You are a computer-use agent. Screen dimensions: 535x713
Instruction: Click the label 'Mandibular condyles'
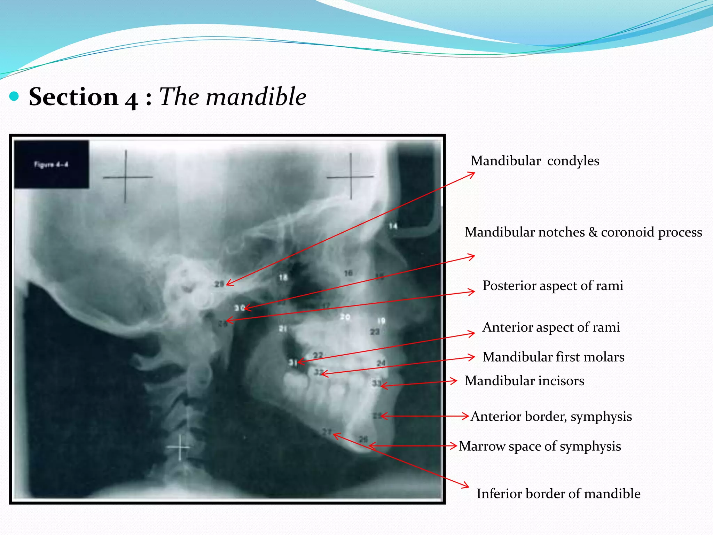[x=535, y=161]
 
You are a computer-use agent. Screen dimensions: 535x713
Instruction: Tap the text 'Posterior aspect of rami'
[x=553, y=286]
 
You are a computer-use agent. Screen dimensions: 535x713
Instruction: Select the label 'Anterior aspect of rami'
[x=551, y=327]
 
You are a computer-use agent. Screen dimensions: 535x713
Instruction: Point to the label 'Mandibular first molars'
[x=553, y=357]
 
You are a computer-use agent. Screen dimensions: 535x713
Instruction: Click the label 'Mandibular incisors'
[x=524, y=381]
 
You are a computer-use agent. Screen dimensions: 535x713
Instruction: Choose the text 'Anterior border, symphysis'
[x=551, y=417]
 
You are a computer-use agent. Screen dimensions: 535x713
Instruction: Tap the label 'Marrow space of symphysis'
[x=540, y=446]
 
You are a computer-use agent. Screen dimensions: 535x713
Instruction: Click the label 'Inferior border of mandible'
[x=558, y=494]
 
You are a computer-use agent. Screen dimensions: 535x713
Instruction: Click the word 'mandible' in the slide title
[x=256, y=96]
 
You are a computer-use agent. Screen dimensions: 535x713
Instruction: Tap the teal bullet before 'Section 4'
[x=14, y=96]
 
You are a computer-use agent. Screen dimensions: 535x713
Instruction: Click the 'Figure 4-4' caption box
[x=51, y=164]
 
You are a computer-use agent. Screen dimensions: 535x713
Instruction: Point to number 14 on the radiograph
[x=393, y=226]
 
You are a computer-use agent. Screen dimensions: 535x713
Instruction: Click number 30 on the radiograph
[x=239, y=308]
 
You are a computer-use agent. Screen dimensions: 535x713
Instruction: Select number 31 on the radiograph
[x=292, y=363]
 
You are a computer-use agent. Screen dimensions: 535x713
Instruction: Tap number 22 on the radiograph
[x=318, y=355]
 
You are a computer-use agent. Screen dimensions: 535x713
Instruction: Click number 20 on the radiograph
[x=345, y=317]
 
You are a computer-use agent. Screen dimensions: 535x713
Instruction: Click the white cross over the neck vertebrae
[x=180, y=447]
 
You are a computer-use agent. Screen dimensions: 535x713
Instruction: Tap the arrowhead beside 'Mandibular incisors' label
[x=454, y=381]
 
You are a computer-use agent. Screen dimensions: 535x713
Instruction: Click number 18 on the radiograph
[x=283, y=277]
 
